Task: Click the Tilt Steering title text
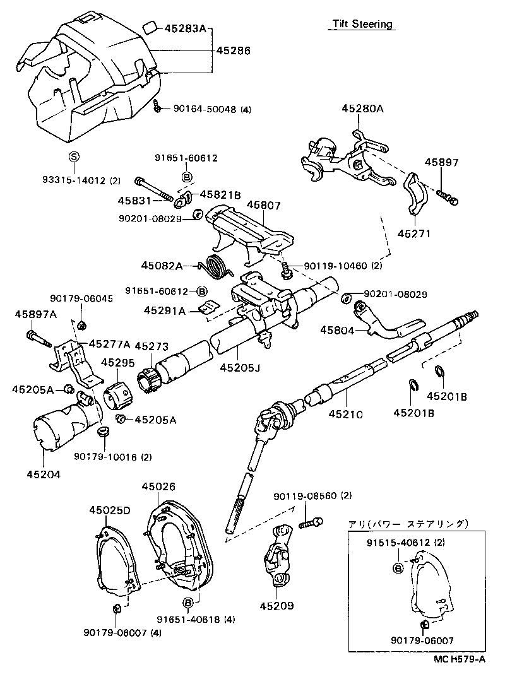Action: pyautogui.click(x=363, y=25)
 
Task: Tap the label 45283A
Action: pyautogui.click(x=186, y=28)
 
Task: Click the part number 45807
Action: pyautogui.click(x=263, y=206)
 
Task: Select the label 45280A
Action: pyautogui.click(x=363, y=109)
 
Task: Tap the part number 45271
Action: pyautogui.click(x=413, y=233)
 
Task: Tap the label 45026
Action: pyautogui.click(x=158, y=486)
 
